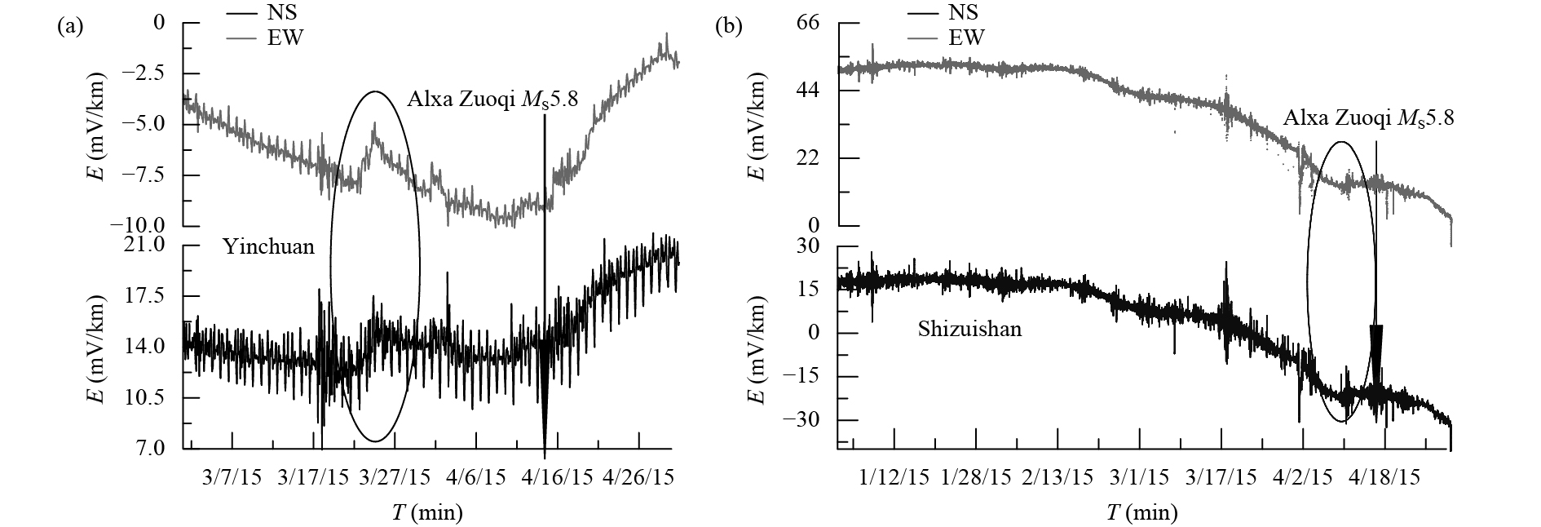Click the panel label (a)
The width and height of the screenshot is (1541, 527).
[x=69, y=27]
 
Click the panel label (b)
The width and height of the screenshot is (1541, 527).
[x=728, y=27]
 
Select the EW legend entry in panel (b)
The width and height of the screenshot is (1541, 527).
[x=966, y=37]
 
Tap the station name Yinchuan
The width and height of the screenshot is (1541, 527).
[x=268, y=246]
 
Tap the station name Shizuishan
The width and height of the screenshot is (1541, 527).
[x=969, y=330]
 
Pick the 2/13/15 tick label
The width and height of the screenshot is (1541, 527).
[x=1058, y=476]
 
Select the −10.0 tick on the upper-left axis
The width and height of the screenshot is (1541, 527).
[x=144, y=224]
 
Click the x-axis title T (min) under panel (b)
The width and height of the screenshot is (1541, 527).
[x=1141, y=512]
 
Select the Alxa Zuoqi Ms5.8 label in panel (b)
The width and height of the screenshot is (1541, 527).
[x=1368, y=118]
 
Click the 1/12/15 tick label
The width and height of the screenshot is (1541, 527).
[x=894, y=476]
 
